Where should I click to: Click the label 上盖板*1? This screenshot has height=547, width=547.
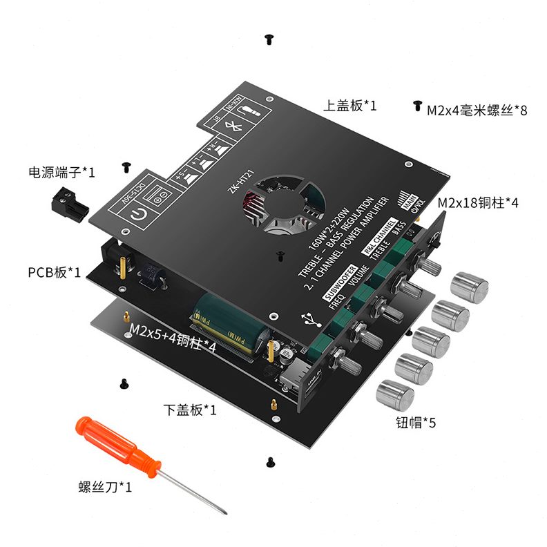pos(350,106)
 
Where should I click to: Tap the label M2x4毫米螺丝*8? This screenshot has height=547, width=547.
pos(477,110)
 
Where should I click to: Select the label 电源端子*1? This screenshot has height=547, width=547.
pos(61,171)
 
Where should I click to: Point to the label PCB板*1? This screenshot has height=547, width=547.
pos(54,272)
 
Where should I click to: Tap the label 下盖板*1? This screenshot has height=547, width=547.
pos(190,410)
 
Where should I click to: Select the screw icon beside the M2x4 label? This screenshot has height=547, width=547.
pos(417,106)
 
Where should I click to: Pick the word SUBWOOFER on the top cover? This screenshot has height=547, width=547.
pos(340,283)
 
